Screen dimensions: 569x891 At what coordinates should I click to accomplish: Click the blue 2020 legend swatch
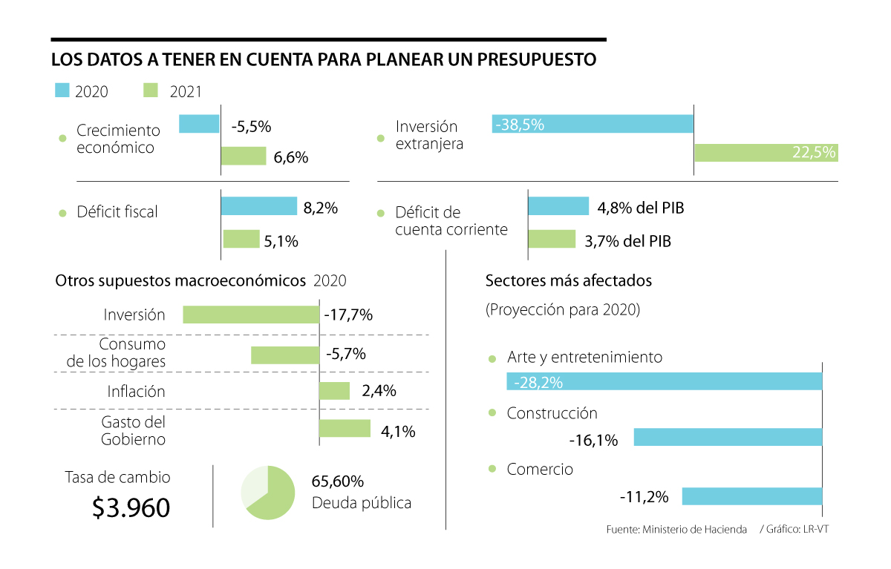62,91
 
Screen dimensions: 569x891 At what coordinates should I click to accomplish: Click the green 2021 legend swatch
150,91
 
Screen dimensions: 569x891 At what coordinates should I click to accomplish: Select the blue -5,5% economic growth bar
199,124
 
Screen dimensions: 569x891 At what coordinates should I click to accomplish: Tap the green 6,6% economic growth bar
244,156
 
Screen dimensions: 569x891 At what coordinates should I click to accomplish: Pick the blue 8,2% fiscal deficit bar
258,206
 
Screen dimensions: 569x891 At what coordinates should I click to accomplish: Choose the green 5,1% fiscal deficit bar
241,239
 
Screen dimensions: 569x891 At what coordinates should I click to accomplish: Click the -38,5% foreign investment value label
519,125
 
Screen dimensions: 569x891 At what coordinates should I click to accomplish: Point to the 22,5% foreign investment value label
815,153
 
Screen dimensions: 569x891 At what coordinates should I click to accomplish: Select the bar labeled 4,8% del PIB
558,206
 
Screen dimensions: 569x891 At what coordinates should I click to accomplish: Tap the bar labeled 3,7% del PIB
552,239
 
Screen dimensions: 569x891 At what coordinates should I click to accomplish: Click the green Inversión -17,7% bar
251,315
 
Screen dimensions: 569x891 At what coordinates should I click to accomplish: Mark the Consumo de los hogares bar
285,355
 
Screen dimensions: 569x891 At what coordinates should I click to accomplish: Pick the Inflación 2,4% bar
334,391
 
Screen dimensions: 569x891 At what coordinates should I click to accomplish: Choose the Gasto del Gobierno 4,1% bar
345,429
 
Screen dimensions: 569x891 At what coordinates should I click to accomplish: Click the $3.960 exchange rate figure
131,507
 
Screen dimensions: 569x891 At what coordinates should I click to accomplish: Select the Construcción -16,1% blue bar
728,437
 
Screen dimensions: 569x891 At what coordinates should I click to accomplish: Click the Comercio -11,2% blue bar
751,496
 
